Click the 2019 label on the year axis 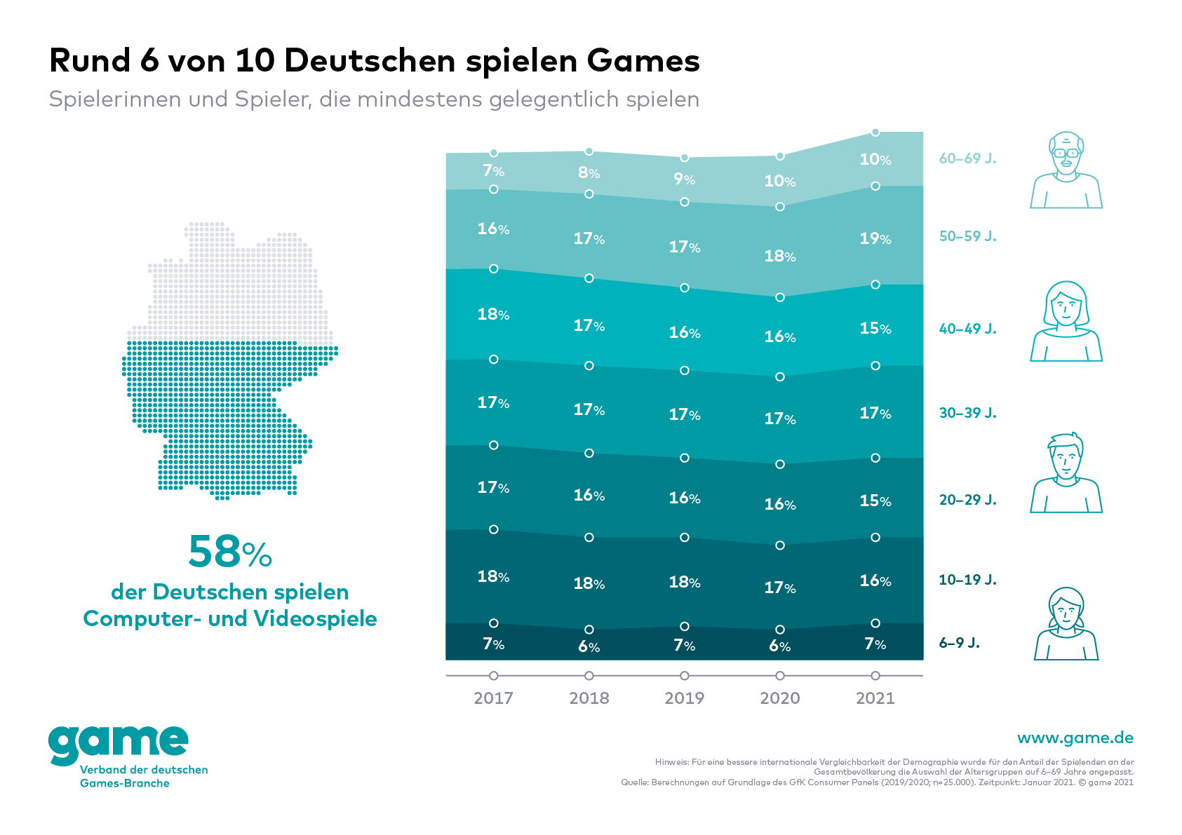684,698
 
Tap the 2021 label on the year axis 875,698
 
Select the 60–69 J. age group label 967,158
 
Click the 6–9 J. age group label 959,643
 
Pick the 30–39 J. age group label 967,413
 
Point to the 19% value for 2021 875,239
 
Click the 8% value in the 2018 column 589,173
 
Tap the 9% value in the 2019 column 684,179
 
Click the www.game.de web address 1075,738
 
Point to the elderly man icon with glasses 1066,170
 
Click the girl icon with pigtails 1066,624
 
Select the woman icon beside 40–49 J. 1066,322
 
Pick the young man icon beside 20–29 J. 1066,473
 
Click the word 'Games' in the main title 643,61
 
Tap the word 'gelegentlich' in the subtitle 553,100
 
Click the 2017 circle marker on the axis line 493,676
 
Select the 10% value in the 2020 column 779,182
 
